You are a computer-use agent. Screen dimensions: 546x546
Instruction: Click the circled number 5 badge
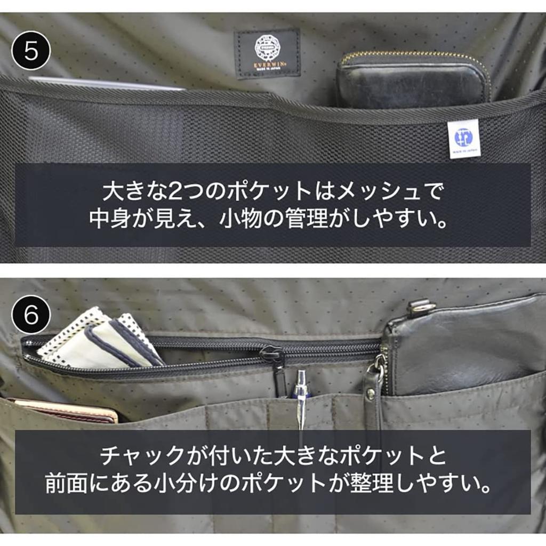pos(30,51)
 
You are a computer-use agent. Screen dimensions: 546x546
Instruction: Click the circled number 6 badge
pos(30,314)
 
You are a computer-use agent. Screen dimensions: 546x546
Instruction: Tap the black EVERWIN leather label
pos(267,53)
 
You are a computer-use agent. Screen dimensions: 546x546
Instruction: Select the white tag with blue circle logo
pos(463,138)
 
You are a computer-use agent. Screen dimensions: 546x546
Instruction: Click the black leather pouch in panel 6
pos(464,347)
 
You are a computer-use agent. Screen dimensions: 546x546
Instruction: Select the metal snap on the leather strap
pos(370,394)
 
